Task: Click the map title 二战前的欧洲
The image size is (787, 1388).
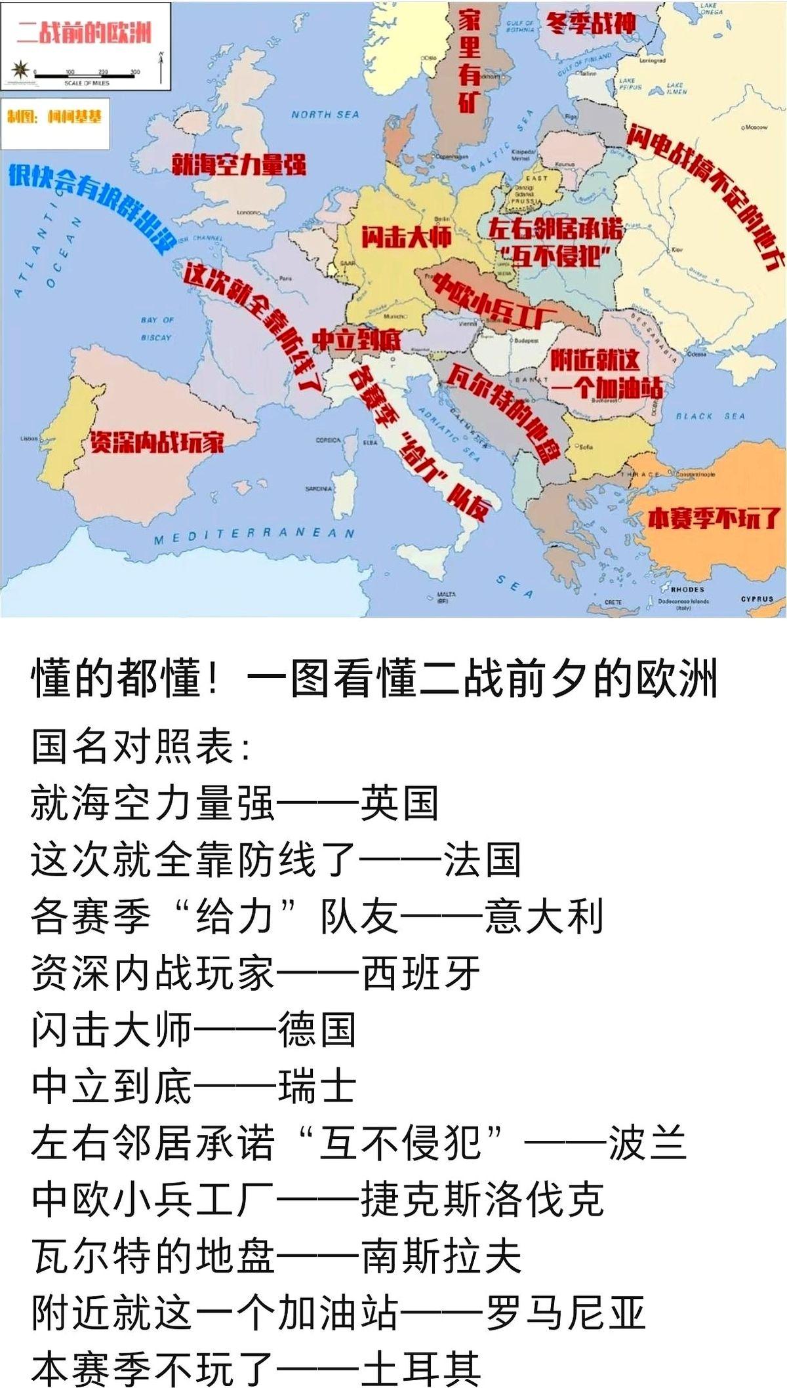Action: point(84,32)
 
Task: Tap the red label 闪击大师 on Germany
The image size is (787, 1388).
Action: point(406,237)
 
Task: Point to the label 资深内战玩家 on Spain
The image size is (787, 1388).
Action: point(157,443)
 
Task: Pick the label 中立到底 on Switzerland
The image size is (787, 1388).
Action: point(356,340)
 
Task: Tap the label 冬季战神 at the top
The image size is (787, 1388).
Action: point(591,24)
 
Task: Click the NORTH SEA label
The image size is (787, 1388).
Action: point(325,115)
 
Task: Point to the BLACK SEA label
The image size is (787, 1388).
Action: point(710,416)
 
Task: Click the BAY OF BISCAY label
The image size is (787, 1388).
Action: point(156,328)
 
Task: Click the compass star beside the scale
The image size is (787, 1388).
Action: point(20,68)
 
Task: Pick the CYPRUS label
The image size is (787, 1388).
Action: point(757,599)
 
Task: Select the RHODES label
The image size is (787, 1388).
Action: point(687,589)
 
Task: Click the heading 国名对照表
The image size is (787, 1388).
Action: point(140,746)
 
